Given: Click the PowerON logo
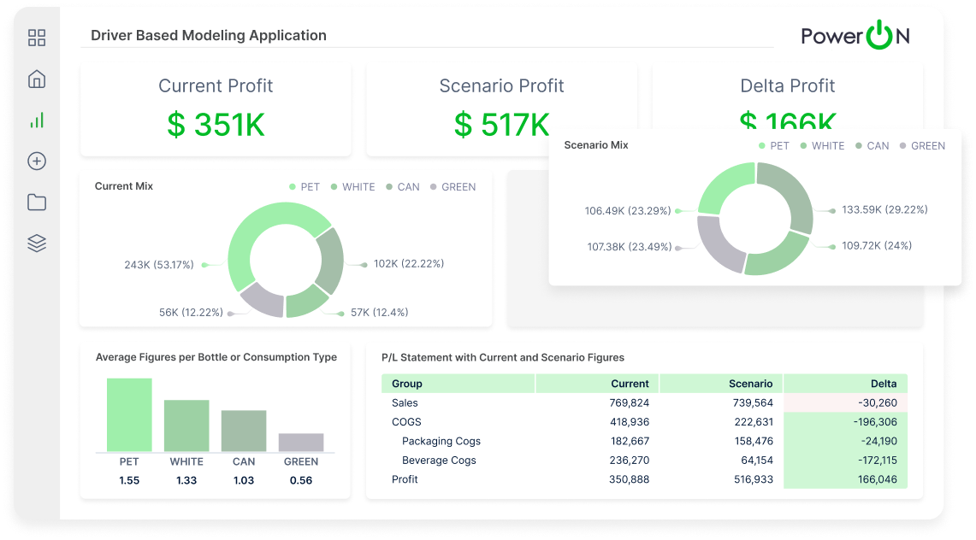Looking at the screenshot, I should coord(855,36).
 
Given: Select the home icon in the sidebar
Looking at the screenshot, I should coord(37,79).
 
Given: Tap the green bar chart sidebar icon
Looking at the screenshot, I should coord(37,120).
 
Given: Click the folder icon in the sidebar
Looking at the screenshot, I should coord(37,202).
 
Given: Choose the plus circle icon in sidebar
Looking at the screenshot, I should coord(37,161).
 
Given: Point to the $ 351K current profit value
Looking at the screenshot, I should coord(216,125).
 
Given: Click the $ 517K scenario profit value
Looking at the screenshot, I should coord(501,125).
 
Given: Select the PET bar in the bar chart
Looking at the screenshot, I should coord(129,414).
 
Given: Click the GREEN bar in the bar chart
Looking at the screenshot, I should coord(301,442).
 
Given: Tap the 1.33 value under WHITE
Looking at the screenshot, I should coord(186,480).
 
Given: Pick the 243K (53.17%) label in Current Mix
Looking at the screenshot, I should coord(159,265).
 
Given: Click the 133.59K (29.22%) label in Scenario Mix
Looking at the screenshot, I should coord(884,209).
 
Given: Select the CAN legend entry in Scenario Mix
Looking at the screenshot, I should coord(872,146).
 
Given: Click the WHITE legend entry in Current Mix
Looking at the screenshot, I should coord(352,187).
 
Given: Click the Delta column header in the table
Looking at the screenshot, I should coord(884,384).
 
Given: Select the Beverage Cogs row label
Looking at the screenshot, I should coord(439,461).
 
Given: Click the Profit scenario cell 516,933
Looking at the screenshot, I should coord(749,479).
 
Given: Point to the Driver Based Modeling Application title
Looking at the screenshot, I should coord(209,36).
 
